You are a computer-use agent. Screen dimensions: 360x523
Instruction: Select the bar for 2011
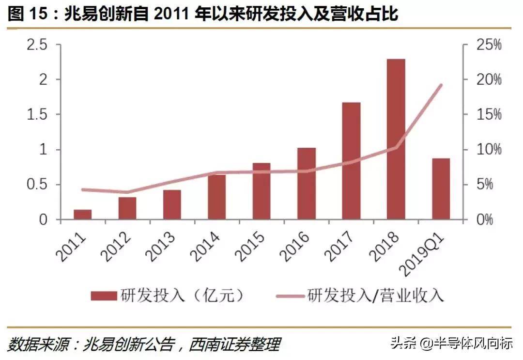click(82, 215)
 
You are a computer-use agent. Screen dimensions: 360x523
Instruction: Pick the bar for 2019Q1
click(441, 189)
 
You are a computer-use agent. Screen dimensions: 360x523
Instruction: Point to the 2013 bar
click(172, 204)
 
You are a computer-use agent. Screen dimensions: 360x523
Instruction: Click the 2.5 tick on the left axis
click(37, 45)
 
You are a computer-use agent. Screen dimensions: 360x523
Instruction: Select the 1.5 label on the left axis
click(37, 115)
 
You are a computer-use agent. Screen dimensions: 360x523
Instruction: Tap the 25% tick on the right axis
click(488, 45)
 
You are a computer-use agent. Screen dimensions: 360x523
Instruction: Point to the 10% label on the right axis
click(488, 150)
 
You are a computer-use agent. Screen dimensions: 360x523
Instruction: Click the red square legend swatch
click(104, 295)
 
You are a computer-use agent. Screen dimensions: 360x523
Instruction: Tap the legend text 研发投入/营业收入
click(375, 295)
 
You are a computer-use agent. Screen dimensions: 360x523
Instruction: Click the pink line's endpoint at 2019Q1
click(441, 85)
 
